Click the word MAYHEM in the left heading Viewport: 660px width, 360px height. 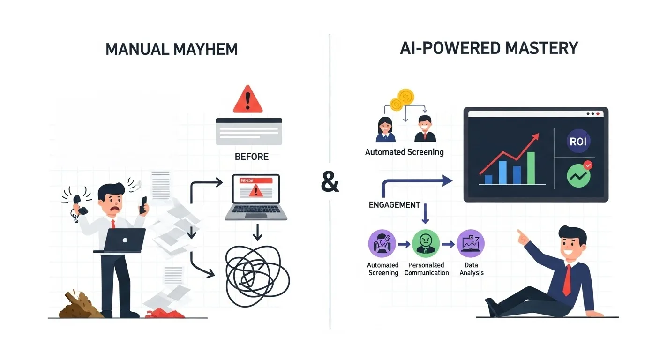pyautogui.click(x=206, y=49)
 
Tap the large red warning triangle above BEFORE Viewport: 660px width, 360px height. pyautogui.click(x=248, y=99)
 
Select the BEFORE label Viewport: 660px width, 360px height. pyautogui.click(x=252, y=157)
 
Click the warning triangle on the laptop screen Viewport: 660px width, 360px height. pyautogui.click(x=255, y=190)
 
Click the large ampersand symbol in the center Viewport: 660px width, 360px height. pyautogui.click(x=330, y=183)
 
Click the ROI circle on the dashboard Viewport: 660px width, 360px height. pyautogui.click(x=578, y=142)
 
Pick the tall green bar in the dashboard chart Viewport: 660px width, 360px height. pyautogui.click(x=531, y=168)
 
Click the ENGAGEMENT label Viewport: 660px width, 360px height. pyautogui.click(x=394, y=205)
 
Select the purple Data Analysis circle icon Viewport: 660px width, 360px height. pyautogui.click(x=471, y=244)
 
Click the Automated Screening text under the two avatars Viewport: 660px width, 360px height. pyautogui.click(x=404, y=152)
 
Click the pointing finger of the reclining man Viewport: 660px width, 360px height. pyautogui.click(x=520, y=233)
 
